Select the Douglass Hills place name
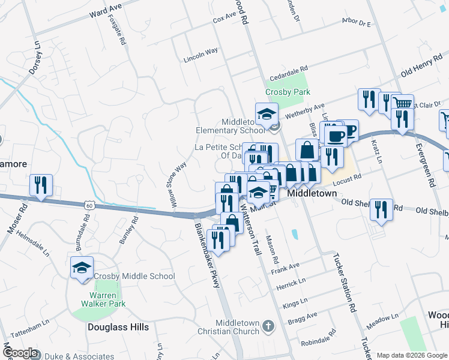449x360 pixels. click(x=118, y=327)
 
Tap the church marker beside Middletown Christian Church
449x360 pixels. click(x=268, y=326)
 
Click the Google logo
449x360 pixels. click(x=20, y=353)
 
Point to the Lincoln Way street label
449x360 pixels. click(x=201, y=52)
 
